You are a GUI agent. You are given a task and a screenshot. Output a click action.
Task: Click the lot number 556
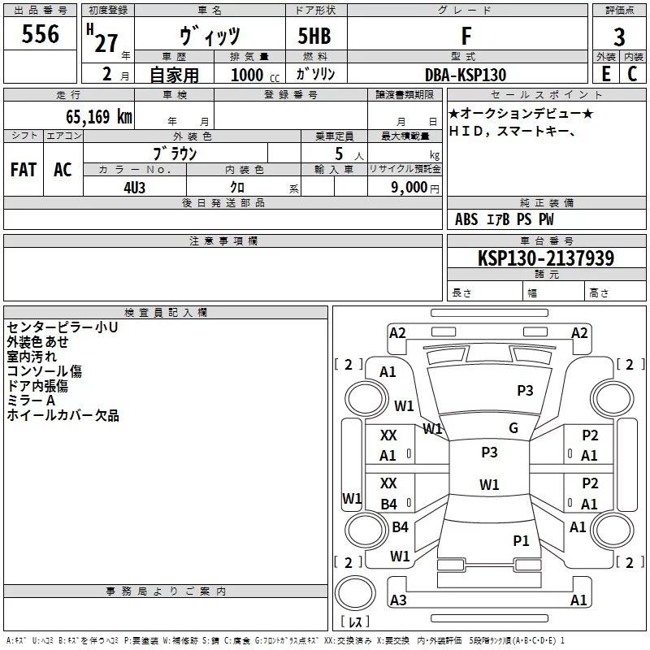(41, 34)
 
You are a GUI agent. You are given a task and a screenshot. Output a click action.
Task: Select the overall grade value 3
(619, 37)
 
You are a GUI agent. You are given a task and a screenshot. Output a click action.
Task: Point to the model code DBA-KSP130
(466, 75)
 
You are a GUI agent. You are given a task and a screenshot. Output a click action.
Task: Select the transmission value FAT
(23, 169)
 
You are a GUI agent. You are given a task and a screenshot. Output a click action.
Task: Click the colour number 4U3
(134, 187)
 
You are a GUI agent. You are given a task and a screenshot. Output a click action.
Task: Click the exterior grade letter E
(605, 73)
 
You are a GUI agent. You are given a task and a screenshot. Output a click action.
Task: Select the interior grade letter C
(632, 73)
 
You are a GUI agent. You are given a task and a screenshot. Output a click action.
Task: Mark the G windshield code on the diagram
(513, 428)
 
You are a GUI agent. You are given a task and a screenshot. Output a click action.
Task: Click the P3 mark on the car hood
(525, 391)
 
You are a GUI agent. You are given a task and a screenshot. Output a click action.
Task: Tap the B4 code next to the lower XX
(388, 505)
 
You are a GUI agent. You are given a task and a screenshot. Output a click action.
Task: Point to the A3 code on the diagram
(398, 600)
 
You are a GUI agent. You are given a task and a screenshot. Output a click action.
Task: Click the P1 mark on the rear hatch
(521, 540)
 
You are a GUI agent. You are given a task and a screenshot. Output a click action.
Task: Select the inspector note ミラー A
(31, 401)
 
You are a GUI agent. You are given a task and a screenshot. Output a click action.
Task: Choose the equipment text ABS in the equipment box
(466, 219)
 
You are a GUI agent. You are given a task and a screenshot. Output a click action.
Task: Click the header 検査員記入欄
(166, 312)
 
